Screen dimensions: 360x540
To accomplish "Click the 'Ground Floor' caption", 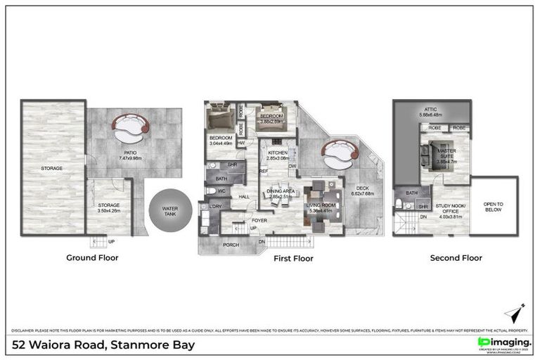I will click(93, 258).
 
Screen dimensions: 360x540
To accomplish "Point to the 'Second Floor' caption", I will click(456, 258).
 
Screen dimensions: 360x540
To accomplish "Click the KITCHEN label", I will click(277, 155).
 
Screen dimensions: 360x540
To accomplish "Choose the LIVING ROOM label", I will click(323, 207).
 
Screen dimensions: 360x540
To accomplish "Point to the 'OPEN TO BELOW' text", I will click(494, 207).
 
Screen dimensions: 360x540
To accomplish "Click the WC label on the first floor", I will click(220, 191).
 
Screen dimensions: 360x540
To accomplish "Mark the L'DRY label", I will click(214, 206).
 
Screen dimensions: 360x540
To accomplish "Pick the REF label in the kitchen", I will click(263, 171).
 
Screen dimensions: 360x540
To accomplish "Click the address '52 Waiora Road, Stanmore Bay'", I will click(104, 345).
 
